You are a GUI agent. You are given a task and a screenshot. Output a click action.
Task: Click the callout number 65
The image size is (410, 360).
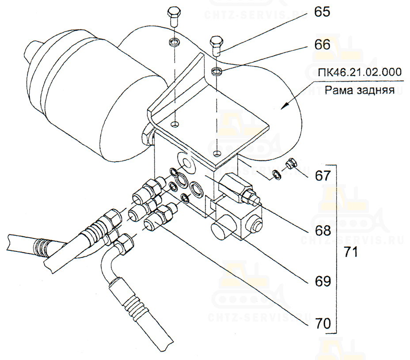pos(322,12)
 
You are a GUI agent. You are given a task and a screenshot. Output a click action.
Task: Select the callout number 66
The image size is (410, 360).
pos(322,45)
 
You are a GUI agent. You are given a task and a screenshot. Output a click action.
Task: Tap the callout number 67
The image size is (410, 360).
pos(323,175)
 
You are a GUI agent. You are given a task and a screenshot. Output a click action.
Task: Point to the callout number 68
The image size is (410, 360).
pos(323,230)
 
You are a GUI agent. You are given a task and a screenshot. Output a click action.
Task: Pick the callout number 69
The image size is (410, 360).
pos(323,281)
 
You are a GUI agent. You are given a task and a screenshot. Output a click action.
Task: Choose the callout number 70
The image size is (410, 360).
pos(323,323)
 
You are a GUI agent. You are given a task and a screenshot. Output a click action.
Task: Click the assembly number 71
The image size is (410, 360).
pos(350,252)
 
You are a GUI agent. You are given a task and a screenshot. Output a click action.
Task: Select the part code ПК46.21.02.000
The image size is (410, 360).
pos(360,72)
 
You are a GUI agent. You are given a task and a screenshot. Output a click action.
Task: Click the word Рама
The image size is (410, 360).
pos(337,90)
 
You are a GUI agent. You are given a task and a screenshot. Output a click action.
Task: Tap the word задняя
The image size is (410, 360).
pos(373,90)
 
